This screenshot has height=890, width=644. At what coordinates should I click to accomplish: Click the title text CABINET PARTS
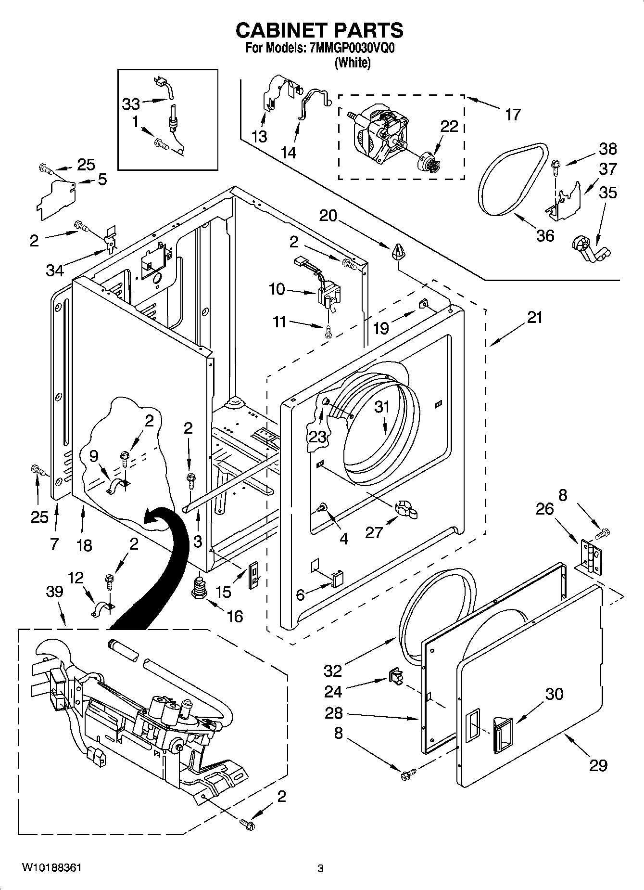(x=319, y=30)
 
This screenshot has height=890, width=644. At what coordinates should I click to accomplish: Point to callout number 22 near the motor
(x=449, y=127)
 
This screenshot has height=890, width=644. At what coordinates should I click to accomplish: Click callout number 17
(x=513, y=115)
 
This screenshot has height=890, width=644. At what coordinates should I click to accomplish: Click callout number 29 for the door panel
(x=598, y=765)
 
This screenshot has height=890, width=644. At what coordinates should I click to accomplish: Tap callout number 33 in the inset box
(x=131, y=103)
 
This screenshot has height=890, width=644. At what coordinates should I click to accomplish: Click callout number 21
(x=534, y=318)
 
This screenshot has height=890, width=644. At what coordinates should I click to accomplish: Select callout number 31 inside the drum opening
(x=381, y=407)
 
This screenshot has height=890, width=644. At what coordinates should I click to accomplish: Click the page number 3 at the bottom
(x=321, y=868)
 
